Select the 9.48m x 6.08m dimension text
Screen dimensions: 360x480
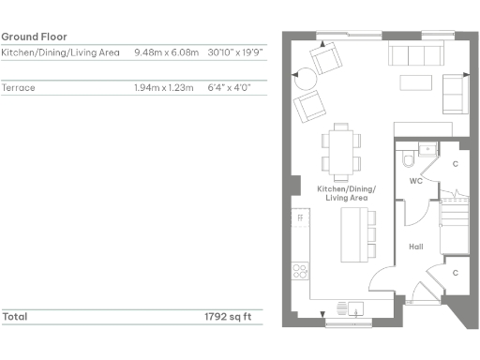click(x=166, y=52)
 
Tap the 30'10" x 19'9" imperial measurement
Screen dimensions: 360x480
click(x=236, y=52)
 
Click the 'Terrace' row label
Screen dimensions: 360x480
click(x=19, y=87)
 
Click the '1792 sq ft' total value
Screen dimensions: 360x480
click(x=231, y=317)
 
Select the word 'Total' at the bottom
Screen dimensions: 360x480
click(x=15, y=317)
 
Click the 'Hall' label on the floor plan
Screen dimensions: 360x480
click(x=415, y=247)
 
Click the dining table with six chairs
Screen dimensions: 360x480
click(x=340, y=150)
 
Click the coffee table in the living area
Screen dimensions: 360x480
click(x=416, y=83)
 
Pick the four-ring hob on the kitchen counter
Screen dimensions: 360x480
click(x=300, y=271)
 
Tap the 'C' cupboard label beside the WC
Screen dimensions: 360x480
click(x=455, y=164)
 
